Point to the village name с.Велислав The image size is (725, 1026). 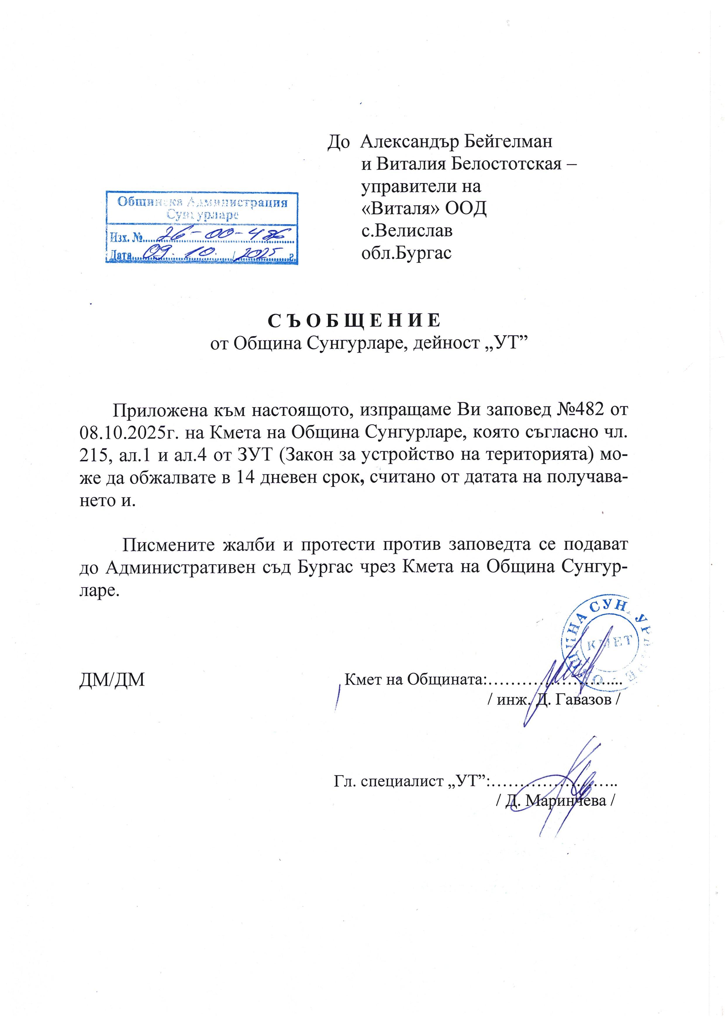coord(406,231)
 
